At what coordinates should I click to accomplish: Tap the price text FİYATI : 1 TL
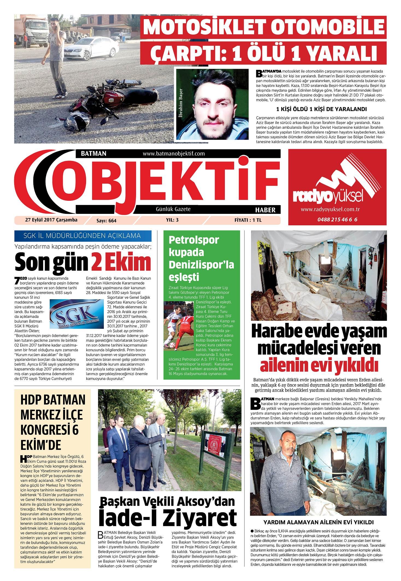(x=248, y=220)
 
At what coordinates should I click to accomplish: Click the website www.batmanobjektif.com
(x=174, y=154)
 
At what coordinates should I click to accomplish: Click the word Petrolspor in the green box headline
(x=194, y=240)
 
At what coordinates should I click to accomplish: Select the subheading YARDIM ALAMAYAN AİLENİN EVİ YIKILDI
(x=318, y=522)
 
